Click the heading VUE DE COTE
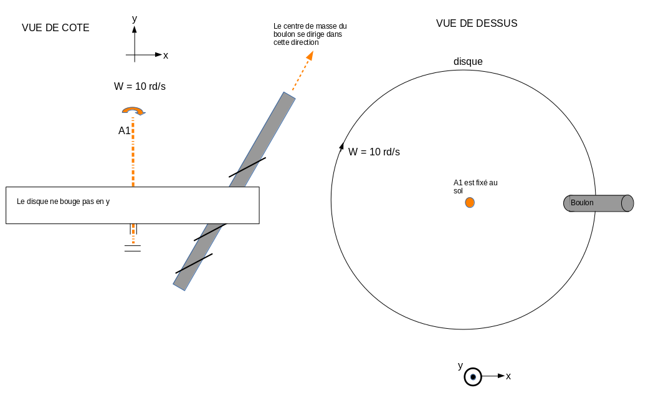coord(55,27)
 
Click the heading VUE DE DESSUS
coord(477,23)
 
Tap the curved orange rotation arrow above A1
coord(133,110)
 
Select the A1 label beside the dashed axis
coord(124,131)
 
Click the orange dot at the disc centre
coord(470,202)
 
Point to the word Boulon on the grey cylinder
coord(582,203)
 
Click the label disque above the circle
coord(468,62)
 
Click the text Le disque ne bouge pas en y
coord(63,202)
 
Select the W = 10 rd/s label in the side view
coord(140,86)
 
